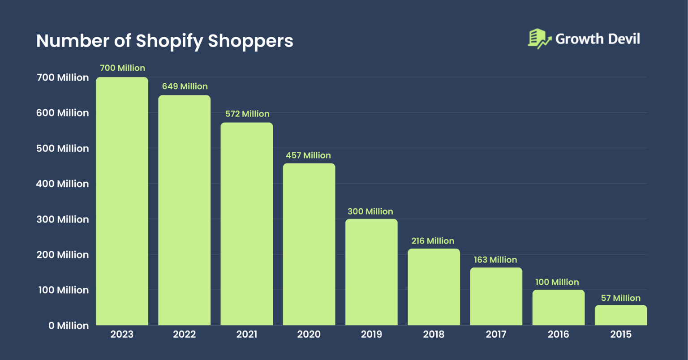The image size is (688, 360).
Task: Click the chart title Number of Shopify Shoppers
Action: pyautogui.click(x=164, y=41)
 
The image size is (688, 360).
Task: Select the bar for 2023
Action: pyautogui.click(x=122, y=201)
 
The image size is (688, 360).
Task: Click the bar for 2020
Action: pyautogui.click(x=309, y=244)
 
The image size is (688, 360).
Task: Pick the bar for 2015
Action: pyautogui.click(x=620, y=315)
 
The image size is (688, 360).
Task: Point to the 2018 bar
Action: pyautogui.click(x=434, y=287)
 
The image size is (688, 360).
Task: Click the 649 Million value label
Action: pyautogui.click(x=185, y=86)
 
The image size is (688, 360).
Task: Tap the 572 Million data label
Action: pyautogui.click(x=247, y=114)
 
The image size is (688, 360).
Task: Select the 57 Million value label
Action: pyautogui.click(x=620, y=298)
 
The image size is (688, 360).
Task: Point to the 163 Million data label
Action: pyautogui.click(x=495, y=260)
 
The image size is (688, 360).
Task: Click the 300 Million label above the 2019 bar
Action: pyautogui.click(x=370, y=212)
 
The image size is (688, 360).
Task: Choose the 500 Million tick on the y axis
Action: pyautogui.click(x=62, y=149)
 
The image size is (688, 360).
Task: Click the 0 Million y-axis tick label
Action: pyautogui.click(x=68, y=326)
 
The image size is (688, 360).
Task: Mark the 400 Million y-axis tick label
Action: pyautogui.click(x=62, y=184)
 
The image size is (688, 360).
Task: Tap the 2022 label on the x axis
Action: pyautogui.click(x=184, y=334)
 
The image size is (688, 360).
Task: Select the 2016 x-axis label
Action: pyautogui.click(x=558, y=334)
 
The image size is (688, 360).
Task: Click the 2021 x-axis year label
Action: pyautogui.click(x=246, y=334)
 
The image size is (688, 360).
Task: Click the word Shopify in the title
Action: pyautogui.click(x=169, y=41)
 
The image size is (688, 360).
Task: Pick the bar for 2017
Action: pyautogui.click(x=496, y=296)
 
